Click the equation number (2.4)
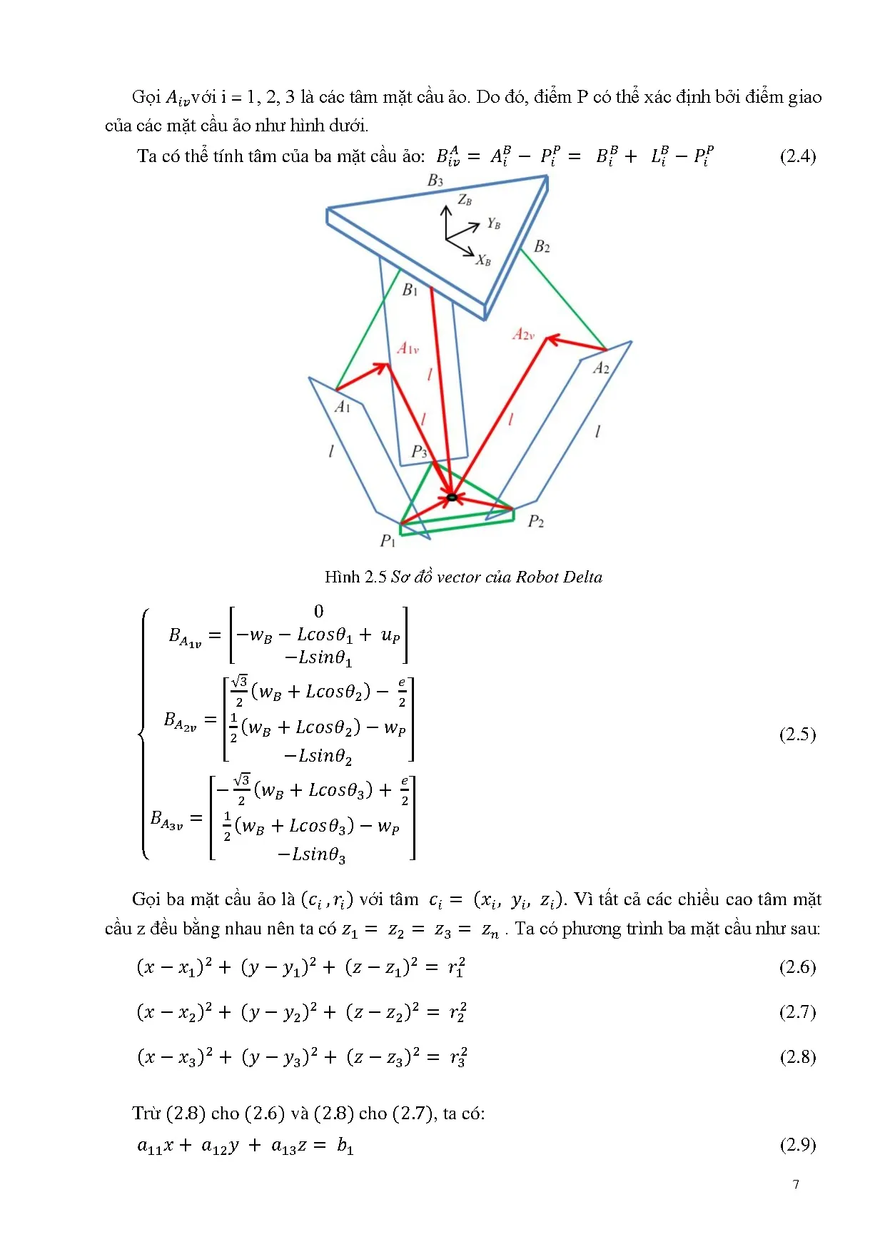click(797, 156)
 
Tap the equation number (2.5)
click(797, 734)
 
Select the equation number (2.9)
click(797, 1144)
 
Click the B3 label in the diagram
click(435, 181)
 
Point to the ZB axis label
click(465, 200)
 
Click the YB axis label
click(493, 223)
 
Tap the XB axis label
click(483, 261)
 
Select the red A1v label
click(408, 348)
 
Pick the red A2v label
click(523, 334)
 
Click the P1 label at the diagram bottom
click(388, 541)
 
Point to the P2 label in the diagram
click(535, 522)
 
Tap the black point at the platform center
click(451, 497)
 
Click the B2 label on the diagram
click(542, 247)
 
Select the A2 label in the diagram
click(602, 368)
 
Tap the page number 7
click(796, 1184)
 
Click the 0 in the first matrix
click(318, 612)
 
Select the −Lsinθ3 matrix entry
click(312, 854)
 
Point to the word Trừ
click(146, 1113)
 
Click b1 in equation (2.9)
click(345, 1146)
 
